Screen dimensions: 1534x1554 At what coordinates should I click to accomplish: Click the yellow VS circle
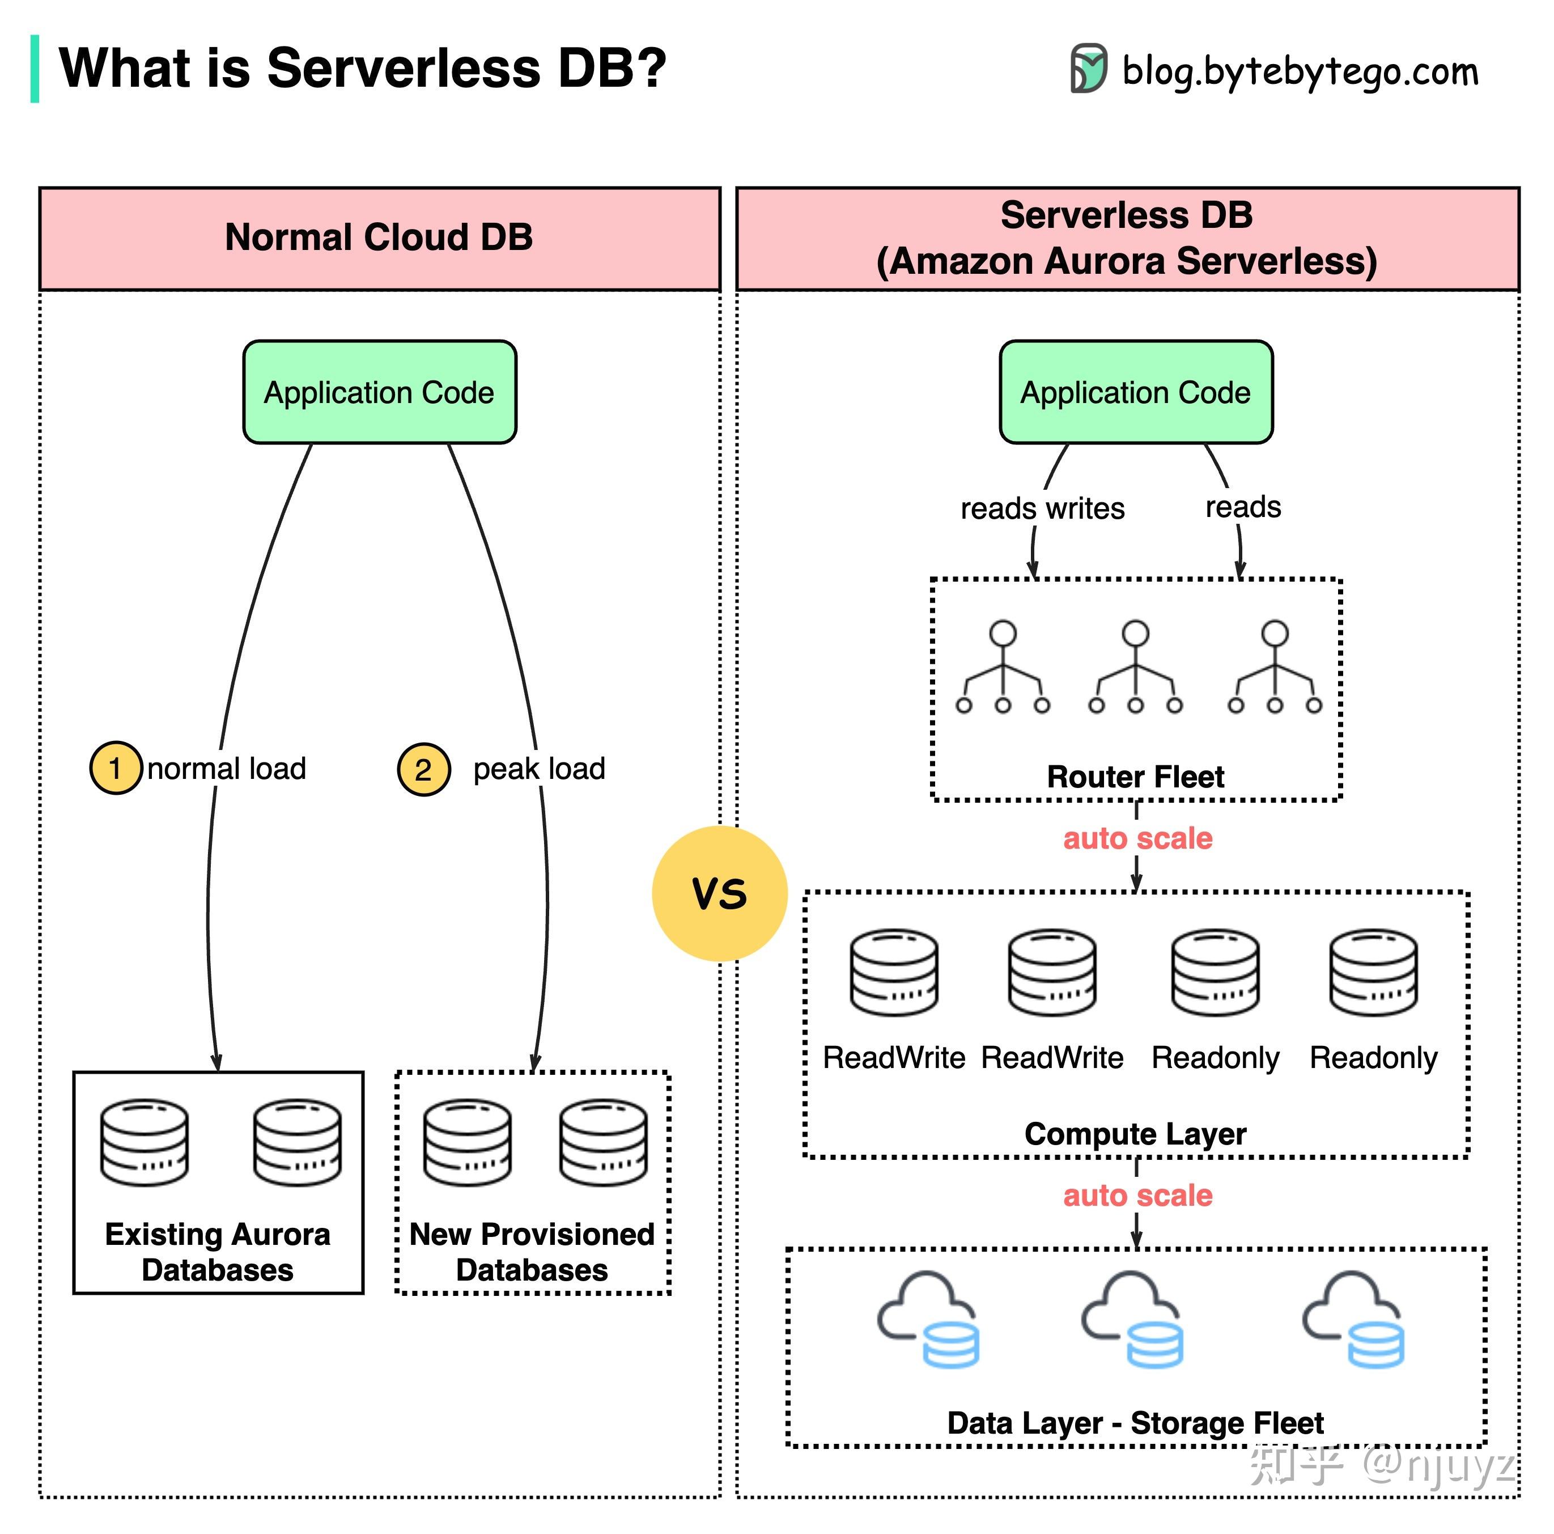coord(719,893)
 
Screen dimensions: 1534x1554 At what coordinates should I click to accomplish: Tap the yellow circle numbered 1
coord(116,768)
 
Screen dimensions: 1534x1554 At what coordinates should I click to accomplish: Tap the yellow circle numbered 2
coord(423,770)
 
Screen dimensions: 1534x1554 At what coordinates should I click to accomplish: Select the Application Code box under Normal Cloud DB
coord(380,392)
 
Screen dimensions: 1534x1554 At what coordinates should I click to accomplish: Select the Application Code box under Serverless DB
coord(1136,392)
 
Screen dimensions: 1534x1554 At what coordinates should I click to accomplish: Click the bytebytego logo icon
coord(1088,69)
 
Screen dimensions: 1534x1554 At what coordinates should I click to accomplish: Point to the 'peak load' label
coord(539,769)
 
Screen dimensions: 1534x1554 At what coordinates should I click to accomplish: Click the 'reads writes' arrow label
coord(1042,508)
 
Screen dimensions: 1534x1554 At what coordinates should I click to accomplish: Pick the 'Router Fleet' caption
coord(1135,776)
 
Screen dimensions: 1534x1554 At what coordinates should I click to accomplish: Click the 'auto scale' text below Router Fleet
coord(1137,838)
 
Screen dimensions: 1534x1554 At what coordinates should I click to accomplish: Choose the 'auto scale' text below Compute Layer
coord(1137,1196)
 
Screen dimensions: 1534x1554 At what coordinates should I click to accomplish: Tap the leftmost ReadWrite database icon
coord(894,973)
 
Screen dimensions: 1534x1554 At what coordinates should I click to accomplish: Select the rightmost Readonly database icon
coord(1373,973)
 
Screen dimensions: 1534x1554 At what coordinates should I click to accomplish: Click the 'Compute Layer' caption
coord(1135,1133)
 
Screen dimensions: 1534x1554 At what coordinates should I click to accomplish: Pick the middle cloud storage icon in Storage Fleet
coord(1132,1319)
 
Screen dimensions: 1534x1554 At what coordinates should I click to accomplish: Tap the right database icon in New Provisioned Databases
coord(603,1143)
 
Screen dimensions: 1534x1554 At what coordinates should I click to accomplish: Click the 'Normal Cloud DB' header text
coord(379,238)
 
